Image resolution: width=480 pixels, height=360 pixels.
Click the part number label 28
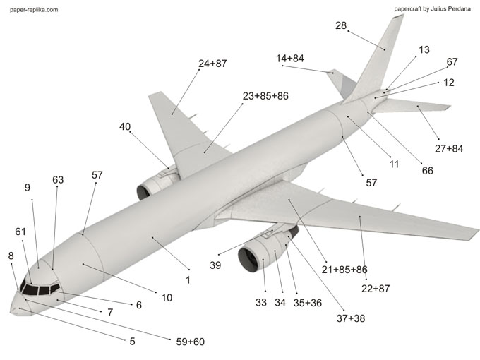coord(341,25)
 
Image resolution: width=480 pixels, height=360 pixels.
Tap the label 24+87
coord(212,64)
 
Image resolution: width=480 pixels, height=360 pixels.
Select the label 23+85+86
coord(265,96)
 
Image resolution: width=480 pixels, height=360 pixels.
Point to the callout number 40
coord(125,126)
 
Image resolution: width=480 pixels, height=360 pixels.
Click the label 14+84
coord(290,58)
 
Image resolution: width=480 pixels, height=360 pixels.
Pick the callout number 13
coord(424,49)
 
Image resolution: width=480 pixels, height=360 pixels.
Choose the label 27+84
coord(449,148)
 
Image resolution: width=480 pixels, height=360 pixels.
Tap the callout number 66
coord(427,171)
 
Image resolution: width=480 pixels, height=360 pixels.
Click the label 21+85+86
coord(344,270)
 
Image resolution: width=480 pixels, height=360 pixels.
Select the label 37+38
coord(351,318)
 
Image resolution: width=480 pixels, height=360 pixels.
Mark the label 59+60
coord(190,342)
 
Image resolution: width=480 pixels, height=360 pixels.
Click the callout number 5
coord(132,342)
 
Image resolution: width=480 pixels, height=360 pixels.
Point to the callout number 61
coord(20,232)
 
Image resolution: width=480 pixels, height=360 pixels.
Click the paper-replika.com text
coord(34,9)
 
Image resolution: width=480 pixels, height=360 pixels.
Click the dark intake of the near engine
coord(247,260)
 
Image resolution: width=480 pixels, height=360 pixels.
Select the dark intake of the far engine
coord(143,193)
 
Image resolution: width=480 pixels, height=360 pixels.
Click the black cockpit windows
coord(40,289)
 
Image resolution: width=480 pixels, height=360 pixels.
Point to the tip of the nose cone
coord(11,312)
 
